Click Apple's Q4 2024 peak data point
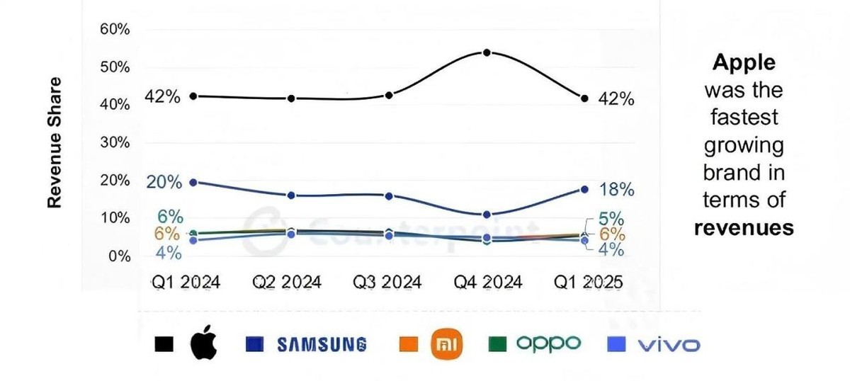coord(487,52)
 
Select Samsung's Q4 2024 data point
coord(487,215)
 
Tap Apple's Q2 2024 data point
coord(291,98)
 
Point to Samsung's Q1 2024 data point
coord(193,182)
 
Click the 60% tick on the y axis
coord(115,30)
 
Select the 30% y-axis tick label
coord(115,142)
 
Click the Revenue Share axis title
coord(55,142)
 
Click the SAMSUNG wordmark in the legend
coord(322,345)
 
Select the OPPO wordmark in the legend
coord(548,343)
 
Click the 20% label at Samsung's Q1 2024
coord(164,182)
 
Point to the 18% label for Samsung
coord(616,190)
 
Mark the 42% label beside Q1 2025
coord(616,99)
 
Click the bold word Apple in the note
coord(743,62)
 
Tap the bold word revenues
coord(743,227)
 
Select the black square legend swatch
coord(164,345)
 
